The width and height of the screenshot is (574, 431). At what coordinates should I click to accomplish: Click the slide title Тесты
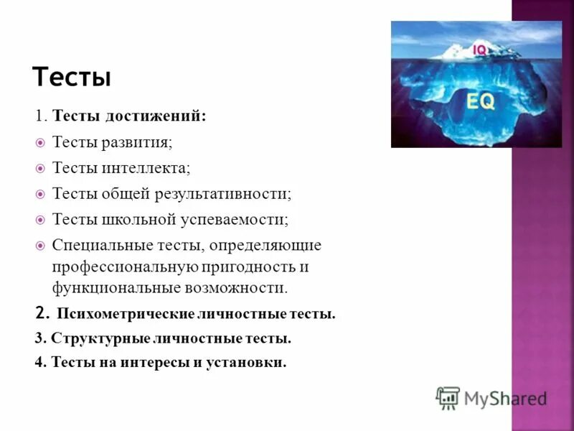(72, 77)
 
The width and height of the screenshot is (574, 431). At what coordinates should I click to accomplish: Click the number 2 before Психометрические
(41, 313)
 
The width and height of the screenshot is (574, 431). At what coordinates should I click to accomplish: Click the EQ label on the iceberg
(480, 101)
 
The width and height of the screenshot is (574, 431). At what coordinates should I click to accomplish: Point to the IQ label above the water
(479, 49)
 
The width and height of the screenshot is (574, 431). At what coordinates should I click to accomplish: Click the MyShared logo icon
(448, 397)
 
